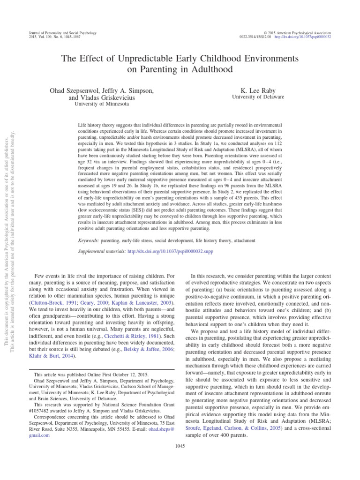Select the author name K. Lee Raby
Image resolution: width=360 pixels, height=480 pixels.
258,90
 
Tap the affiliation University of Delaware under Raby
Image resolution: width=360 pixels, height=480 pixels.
258,97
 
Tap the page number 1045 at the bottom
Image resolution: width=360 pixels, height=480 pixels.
180,446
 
